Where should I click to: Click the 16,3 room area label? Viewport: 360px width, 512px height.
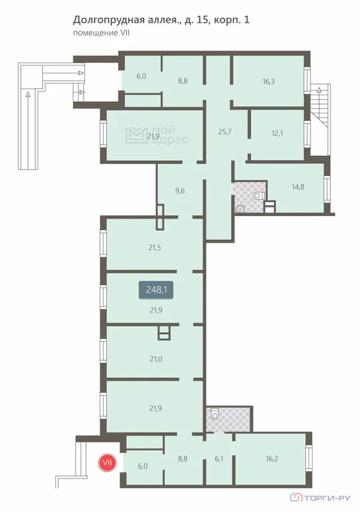[268, 81]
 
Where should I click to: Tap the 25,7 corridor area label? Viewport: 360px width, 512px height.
[225, 131]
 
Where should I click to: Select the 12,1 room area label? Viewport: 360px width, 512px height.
[277, 133]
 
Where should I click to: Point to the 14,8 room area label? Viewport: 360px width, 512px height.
[298, 187]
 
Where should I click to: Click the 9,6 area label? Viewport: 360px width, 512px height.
[180, 191]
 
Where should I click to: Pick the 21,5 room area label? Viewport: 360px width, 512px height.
[155, 247]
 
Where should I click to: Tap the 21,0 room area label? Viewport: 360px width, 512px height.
[156, 359]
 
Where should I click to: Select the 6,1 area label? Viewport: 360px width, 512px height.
[219, 459]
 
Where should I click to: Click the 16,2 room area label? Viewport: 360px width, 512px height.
[272, 459]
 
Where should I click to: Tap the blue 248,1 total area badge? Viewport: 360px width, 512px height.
[156, 289]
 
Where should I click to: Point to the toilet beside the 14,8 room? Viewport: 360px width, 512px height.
[258, 196]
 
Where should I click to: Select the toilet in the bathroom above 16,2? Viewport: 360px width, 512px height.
[214, 414]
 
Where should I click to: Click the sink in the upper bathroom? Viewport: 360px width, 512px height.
[240, 208]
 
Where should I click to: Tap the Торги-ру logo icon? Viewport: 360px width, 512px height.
[297, 497]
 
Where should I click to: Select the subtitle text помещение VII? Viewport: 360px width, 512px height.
[101, 33]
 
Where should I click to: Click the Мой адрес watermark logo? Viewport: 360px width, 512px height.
[157, 135]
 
